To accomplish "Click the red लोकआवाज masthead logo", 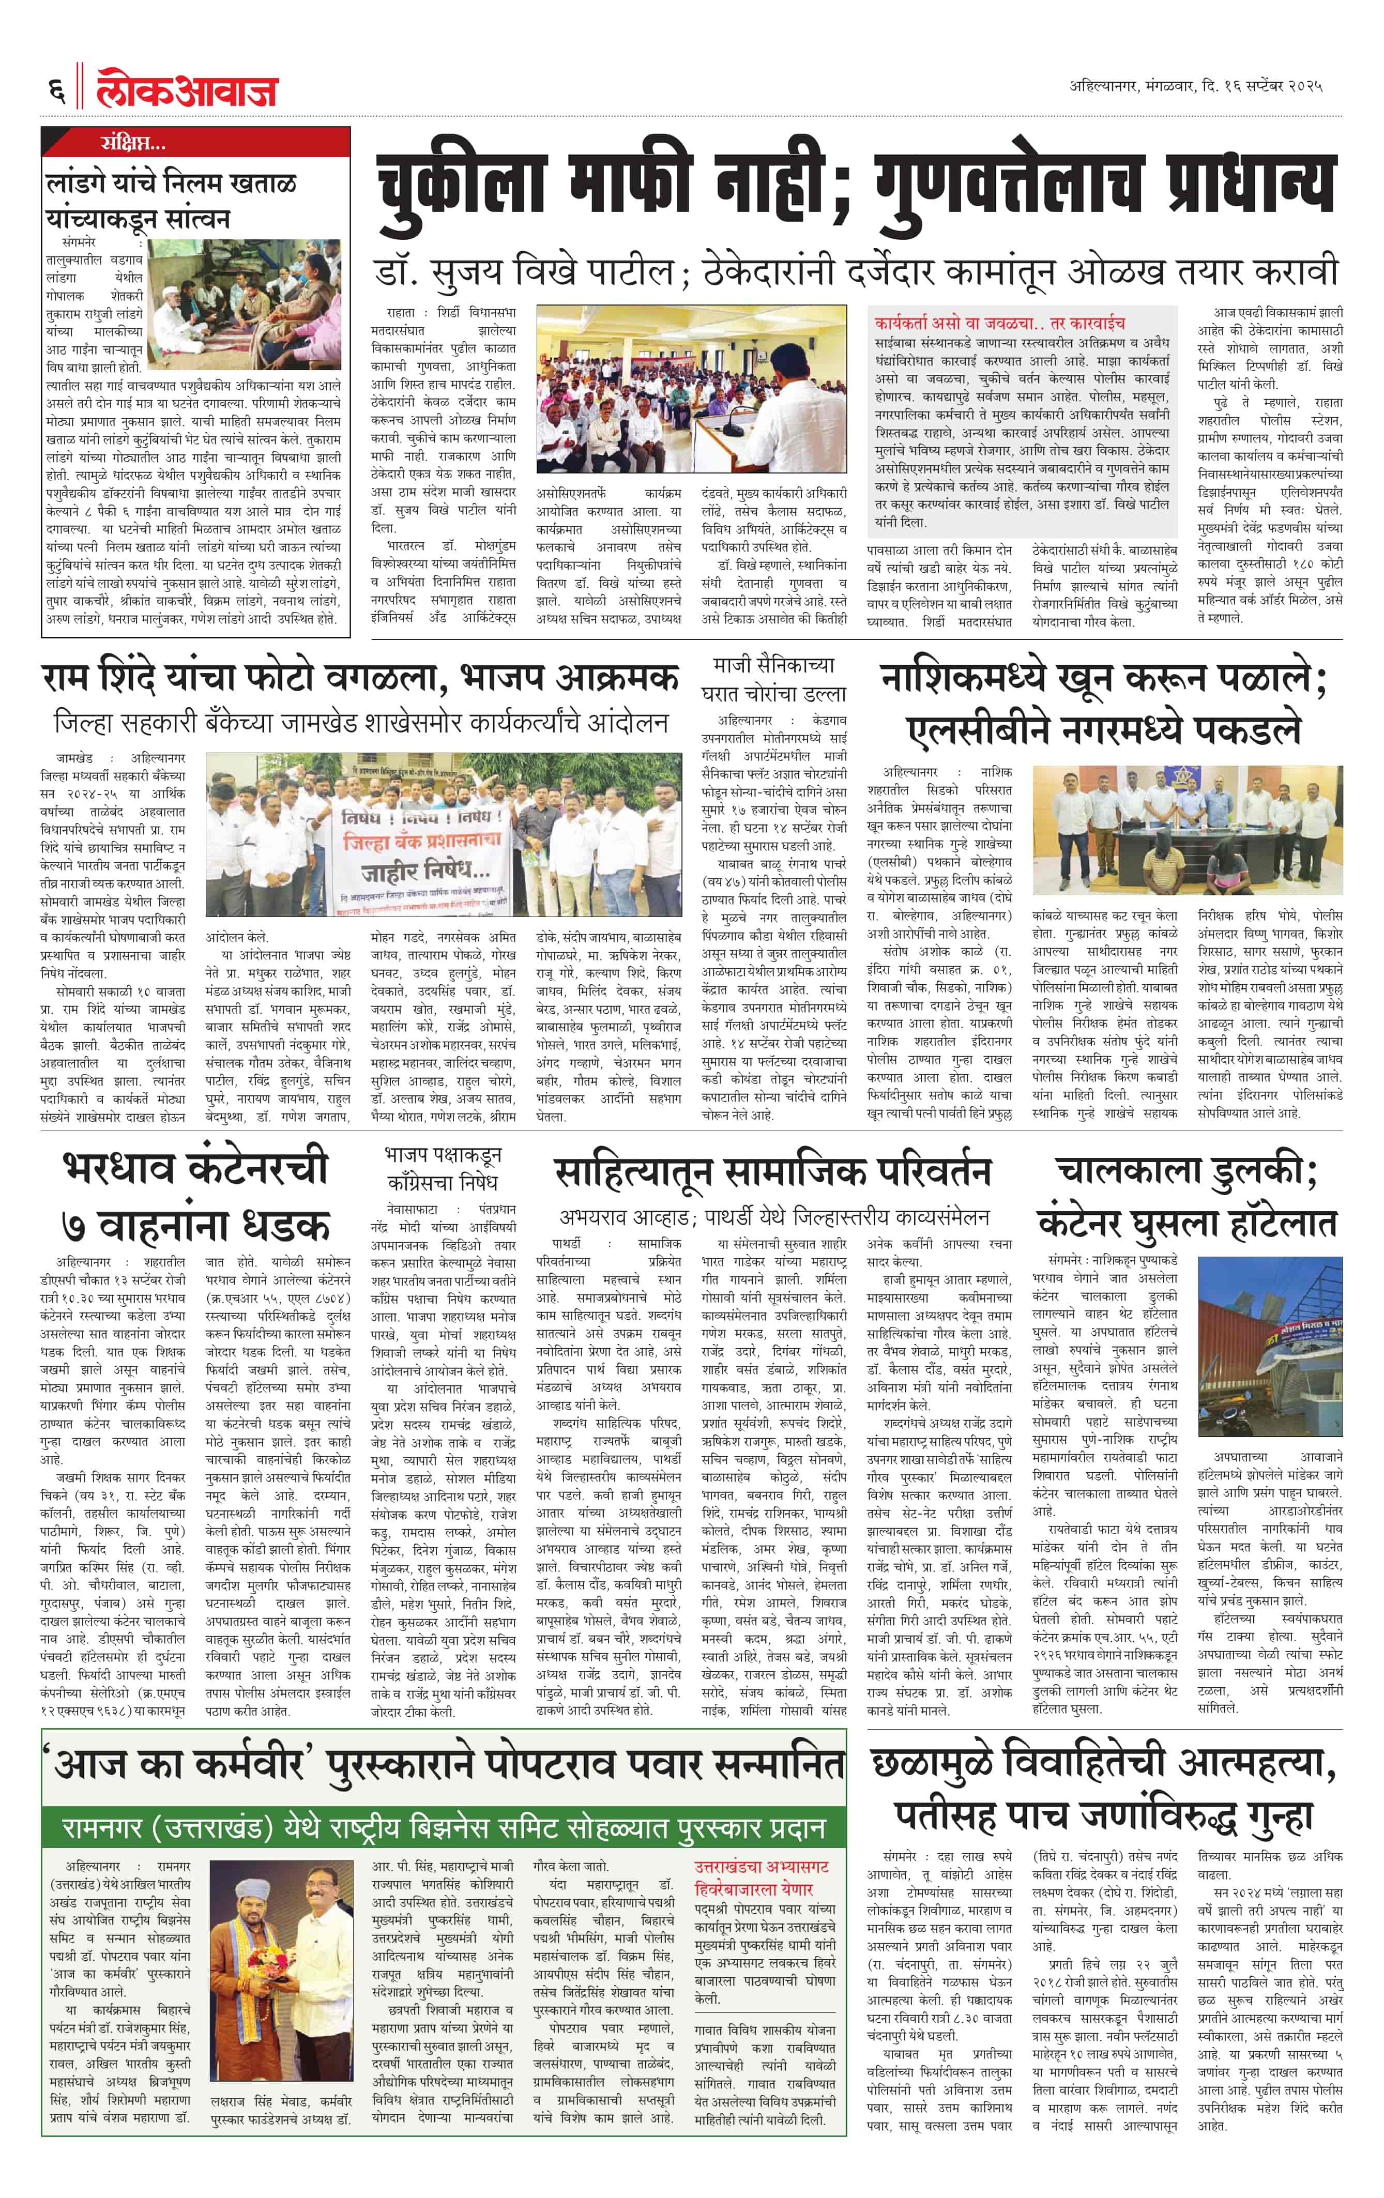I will pos(187,89).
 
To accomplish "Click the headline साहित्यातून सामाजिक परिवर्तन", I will pos(772,1173).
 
